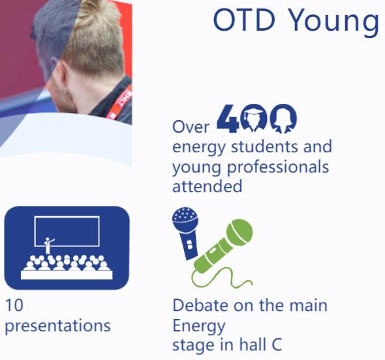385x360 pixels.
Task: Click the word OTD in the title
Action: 244,20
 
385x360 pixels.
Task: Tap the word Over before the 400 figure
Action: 191,127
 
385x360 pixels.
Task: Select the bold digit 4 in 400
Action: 228,118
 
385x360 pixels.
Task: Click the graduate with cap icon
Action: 253,118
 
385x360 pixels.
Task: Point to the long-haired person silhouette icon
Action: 283,118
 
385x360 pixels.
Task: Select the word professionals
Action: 278,167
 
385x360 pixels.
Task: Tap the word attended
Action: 208,186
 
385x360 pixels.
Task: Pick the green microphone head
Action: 239,232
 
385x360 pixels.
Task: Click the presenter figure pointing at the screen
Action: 48,246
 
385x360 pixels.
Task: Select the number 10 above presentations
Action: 14,305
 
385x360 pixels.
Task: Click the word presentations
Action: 57,326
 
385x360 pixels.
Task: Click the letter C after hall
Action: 277,344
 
